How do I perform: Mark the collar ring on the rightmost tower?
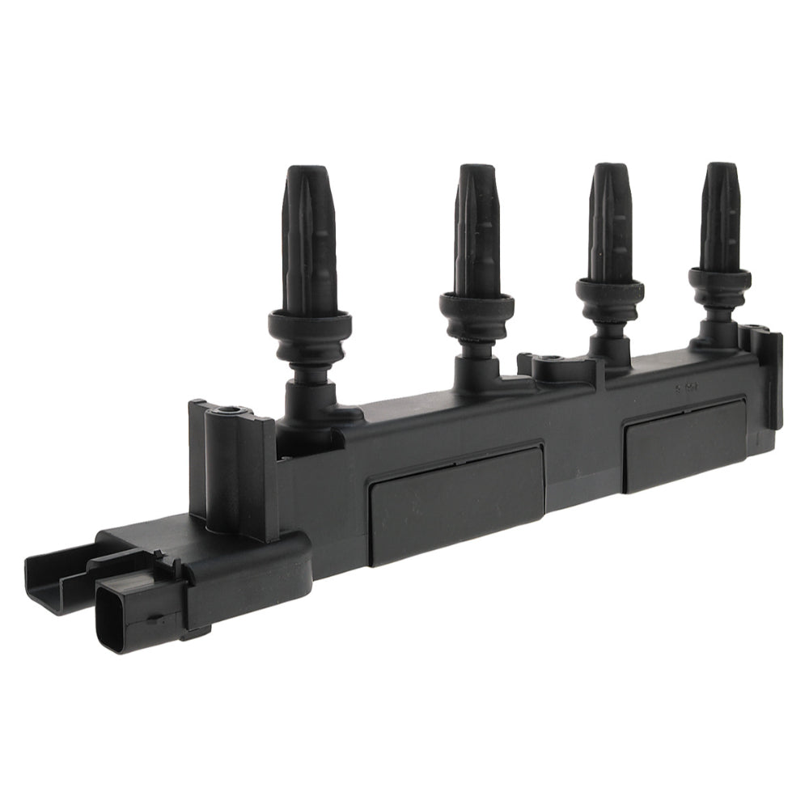719,279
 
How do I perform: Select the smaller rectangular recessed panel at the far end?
684,445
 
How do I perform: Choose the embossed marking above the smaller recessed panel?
688,388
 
